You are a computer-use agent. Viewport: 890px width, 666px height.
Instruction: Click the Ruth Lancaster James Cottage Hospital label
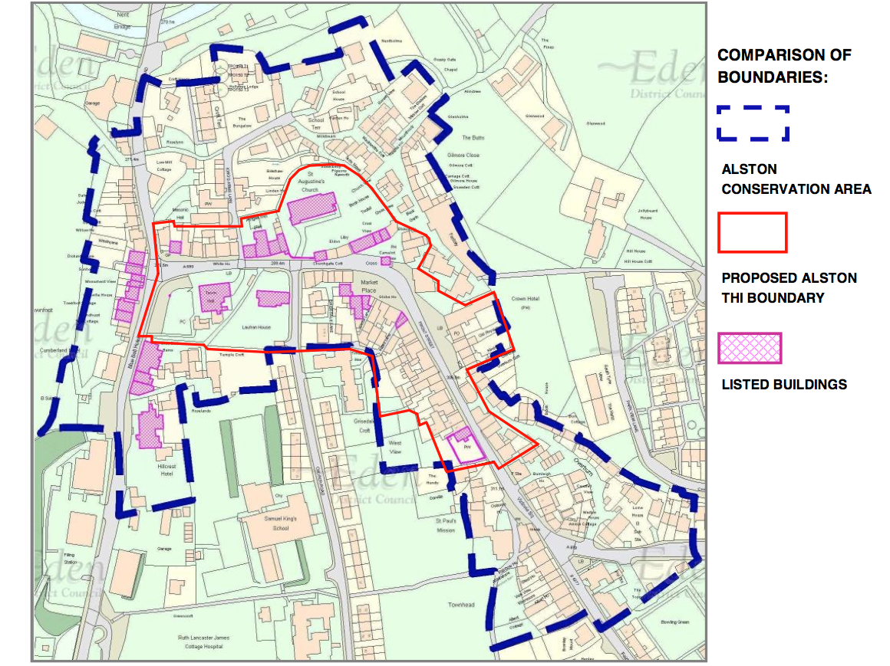pyautogui.click(x=203, y=642)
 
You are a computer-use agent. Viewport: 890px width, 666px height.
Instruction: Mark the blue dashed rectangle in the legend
pyautogui.click(x=752, y=123)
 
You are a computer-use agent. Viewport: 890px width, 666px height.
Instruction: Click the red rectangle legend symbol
pyautogui.click(x=752, y=232)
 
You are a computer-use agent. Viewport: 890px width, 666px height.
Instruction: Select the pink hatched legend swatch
pyautogui.click(x=750, y=349)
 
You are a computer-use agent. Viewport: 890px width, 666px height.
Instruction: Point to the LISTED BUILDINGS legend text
pyautogui.click(x=784, y=384)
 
